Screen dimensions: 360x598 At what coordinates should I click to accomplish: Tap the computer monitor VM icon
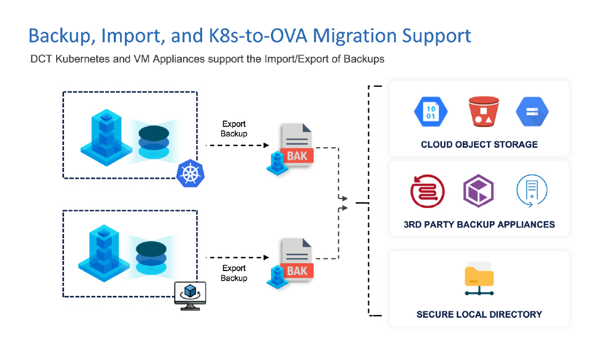click(x=190, y=294)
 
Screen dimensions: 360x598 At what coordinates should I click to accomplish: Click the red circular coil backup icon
click(x=427, y=191)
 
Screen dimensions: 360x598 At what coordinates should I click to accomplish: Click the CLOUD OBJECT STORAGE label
click(x=479, y=145)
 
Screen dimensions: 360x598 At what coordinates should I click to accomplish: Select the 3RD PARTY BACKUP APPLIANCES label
click(x=479, y=224)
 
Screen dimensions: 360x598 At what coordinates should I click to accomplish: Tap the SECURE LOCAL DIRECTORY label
click(x=479, y=314)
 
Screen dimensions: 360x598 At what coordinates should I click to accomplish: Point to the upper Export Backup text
click(x=234, y=129)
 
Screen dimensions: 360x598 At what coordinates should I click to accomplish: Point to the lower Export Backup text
click(x=234, y=273)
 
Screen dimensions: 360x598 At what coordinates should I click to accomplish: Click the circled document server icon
click(x=531, y=191)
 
